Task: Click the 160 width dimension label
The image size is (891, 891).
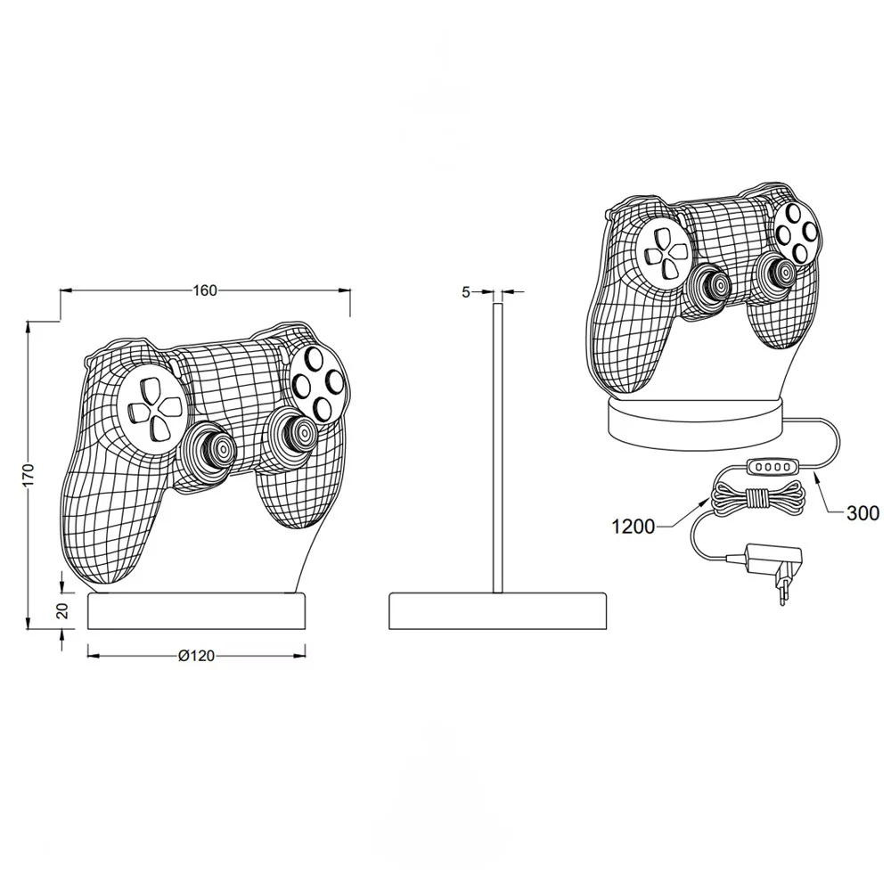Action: (x=205, y=290)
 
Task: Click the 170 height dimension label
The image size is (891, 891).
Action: (x=29, y=475)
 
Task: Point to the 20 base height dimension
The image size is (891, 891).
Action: (x=63, y=610)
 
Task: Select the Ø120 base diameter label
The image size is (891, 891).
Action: (x=197, y=656)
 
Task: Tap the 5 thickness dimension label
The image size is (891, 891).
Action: (x=466, y=292)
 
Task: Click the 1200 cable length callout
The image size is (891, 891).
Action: (x=633, y=527)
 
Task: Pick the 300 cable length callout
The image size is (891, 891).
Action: (x=862, y=513)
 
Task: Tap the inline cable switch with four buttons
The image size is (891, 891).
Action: (x=771, y=467)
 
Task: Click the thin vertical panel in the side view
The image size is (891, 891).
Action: (x=497, y=448)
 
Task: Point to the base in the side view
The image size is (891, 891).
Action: (x=497, y=611)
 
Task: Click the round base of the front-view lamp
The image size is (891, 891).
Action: (x=197, y=611)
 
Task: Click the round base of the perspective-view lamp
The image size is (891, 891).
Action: (x=697, y=422)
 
